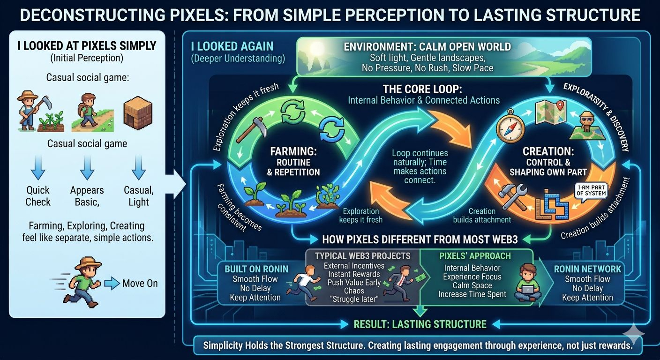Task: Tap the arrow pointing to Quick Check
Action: click(x=38, y=167)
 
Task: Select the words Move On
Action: click(x=140, y=283)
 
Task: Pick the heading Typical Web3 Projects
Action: click(x=362, y=256)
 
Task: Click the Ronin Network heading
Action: click(x=587, y=269)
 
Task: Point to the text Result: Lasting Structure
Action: click(x=420, y=324)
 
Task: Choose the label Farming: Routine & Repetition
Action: click(x=293, y=162)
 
